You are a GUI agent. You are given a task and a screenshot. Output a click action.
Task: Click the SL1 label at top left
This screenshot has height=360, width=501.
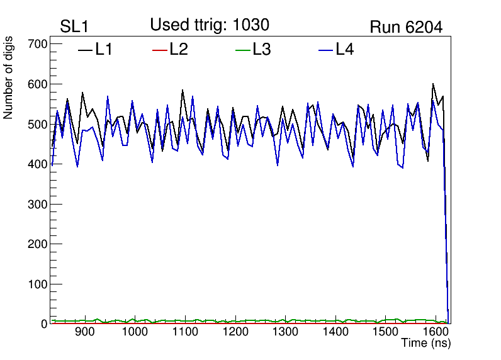pos(74,27)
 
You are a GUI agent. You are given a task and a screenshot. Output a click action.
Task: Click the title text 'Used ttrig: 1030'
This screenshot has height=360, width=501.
pos(210,25)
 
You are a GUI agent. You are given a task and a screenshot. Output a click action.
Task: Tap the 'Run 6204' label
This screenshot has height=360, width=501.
pos(406,27)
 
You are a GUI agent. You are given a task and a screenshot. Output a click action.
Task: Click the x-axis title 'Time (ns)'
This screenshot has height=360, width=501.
pos(426,343)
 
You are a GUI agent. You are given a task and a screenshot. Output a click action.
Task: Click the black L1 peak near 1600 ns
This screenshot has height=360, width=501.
pos(433,84)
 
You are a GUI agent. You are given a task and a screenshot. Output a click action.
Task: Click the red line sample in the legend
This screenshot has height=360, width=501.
pos(160,50)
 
